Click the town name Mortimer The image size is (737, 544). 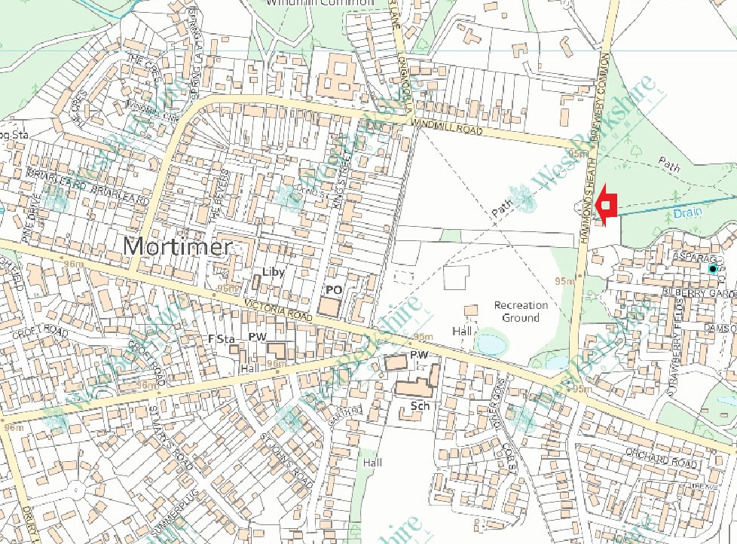(x=177, y=246)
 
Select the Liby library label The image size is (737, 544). (x=273, y=272)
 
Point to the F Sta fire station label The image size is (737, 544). (x=222, y=339)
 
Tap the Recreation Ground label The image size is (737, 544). (x=521, y=311)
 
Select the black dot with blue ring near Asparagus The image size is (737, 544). (x=712, y=268)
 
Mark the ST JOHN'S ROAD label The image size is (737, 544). (x=286, y=459)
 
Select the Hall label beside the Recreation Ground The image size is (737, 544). (x=461, y=331)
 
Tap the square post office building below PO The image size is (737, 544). (x=329, y=307)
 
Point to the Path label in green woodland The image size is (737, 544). (x=669, y=162)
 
